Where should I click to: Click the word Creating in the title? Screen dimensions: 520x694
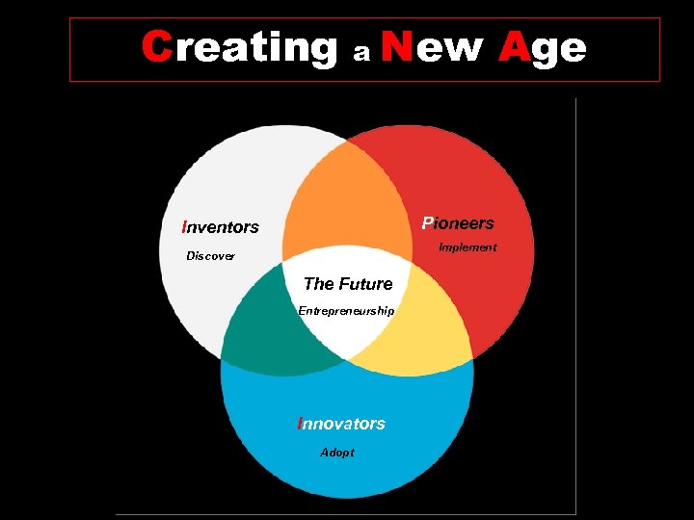(x=239, y=46)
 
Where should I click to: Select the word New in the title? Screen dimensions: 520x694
(x=432, y=46)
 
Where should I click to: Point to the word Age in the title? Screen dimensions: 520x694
(x=543, y=48)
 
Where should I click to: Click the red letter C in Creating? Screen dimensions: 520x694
(x=156, y=46)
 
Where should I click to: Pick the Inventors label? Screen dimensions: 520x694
(x=221, y=227)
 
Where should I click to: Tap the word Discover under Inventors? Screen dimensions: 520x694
(x=210, y=256)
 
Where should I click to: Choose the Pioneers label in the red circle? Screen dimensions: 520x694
(x=458, y=223)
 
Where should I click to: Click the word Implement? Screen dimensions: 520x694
(x=467, y=247)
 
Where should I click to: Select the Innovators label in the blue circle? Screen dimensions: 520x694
(x=341, y=424)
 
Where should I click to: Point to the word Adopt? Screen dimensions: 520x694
(x=337, y=453)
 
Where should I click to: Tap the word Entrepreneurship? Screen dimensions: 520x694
(x=346, y=311)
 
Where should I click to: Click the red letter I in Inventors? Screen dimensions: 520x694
(x=184, y=227)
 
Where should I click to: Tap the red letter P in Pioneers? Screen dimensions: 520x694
(x=427, y=223)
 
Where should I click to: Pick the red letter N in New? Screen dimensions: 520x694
(x=397, y=46)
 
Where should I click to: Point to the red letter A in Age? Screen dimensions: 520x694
(x=515, y=46)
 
